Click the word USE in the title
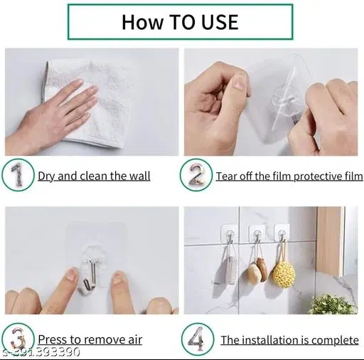[x=220, y=22]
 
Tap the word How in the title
[x=143, y=22]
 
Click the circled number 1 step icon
[x=18, y=175]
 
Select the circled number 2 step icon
[x=196, y=175]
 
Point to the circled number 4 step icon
[x=198, y=339]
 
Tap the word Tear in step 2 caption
[x=226, y=176]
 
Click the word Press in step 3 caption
[x=52, y=339]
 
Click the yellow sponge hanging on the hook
[x=284, y=275]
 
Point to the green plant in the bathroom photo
[x=333, y=304]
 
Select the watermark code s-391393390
[x=41, y=351]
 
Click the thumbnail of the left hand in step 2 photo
[x=240, y=82]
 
